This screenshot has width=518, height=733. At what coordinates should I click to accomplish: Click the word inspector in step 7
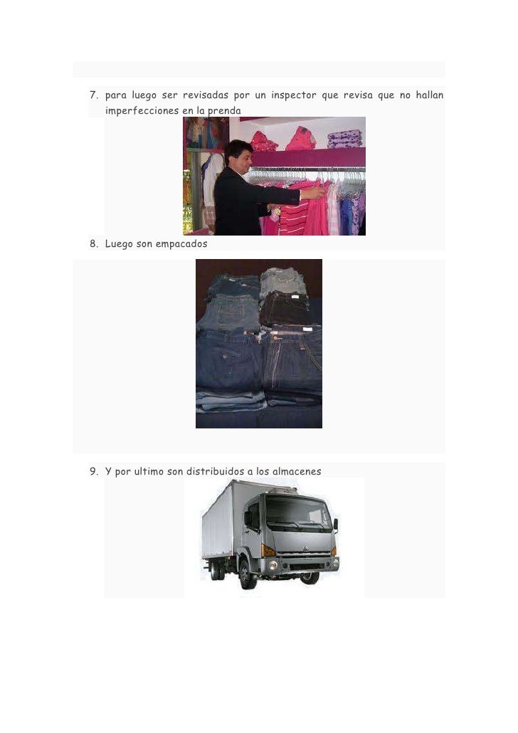coord(294,95)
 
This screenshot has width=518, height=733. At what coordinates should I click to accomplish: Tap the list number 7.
coord(93,95)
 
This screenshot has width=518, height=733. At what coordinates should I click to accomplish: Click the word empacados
coord(181,244)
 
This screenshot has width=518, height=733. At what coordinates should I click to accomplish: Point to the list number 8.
coord(93,243)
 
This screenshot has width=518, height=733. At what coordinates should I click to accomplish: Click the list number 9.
coord(93,471)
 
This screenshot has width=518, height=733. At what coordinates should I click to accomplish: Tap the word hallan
coord(430,95)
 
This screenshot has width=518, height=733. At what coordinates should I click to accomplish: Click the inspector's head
coord(239,155)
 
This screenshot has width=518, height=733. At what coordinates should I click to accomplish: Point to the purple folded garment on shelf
coord(345,139)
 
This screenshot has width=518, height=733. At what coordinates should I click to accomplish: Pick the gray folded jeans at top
coord(283,280)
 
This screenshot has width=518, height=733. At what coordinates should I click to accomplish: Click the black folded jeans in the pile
coord(284,309)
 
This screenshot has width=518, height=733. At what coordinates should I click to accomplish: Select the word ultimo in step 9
coord(149,471)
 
